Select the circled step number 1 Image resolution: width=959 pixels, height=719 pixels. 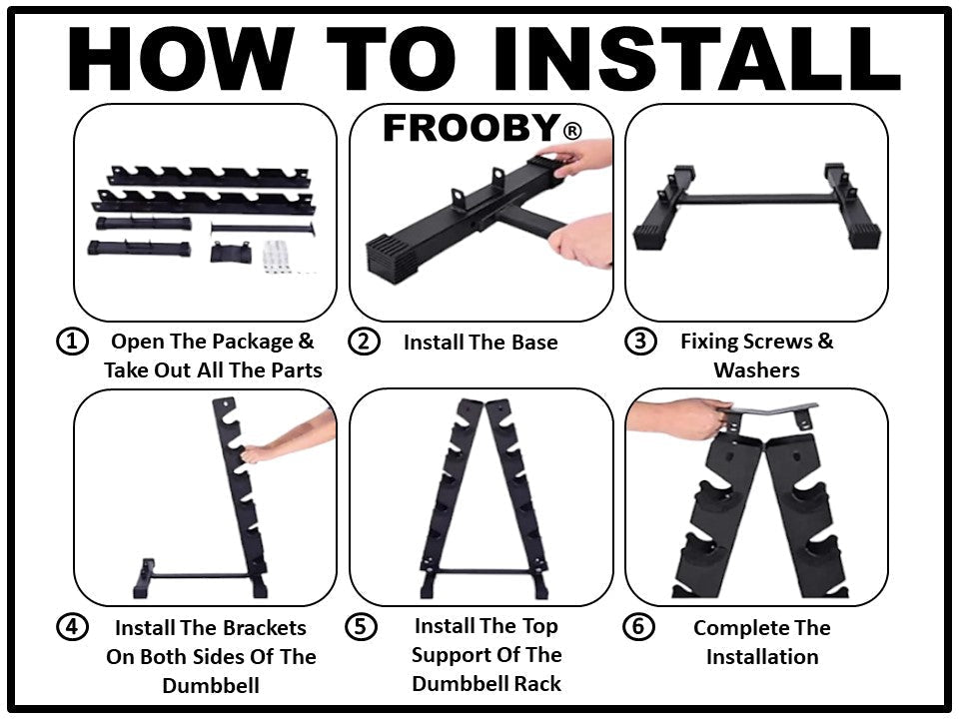click(x=71, y=342)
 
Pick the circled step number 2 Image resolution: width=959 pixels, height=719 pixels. click(x=364, y=342)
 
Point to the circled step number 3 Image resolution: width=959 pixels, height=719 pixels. click(x=639, y=342)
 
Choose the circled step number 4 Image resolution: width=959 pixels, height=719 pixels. click(x=71, y=628)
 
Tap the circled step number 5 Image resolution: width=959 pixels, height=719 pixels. click(x=361, y=627)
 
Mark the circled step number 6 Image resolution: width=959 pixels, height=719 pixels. click(x=639, y=627)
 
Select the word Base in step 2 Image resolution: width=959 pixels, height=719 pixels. click(x=531, y=343)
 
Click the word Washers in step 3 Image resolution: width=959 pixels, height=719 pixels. click(x=756, y=370)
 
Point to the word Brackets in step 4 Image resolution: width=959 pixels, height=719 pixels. click(x=258, y=629)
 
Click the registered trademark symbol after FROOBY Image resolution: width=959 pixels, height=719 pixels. click(x=571, y=131)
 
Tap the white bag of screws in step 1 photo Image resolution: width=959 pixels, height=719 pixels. click(x=283, y=256)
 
